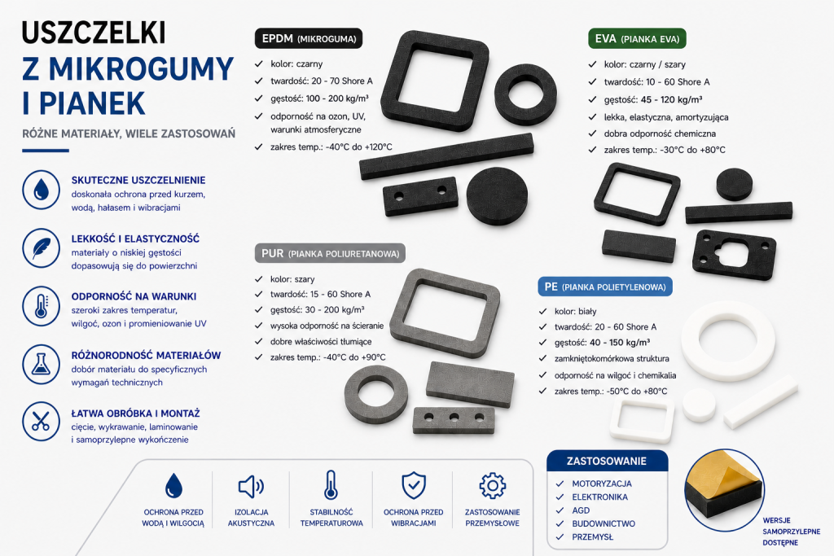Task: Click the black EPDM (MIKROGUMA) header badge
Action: tap(309, 39)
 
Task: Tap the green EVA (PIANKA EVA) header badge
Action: tap(637, 39)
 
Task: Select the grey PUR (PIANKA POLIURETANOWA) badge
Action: tap(331, 253)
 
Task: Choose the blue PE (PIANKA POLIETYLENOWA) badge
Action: tap(605, 287)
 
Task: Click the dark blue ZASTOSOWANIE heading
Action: tap(607, 461)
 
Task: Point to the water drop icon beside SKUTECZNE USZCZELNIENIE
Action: tap(41, 190)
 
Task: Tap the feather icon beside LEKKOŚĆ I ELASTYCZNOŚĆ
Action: tap(41, 248)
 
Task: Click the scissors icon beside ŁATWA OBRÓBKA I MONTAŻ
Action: tap(41, 422)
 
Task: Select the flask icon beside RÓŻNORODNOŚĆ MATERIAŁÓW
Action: tap(41, 365)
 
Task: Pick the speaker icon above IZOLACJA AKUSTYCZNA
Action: tap(251, 486)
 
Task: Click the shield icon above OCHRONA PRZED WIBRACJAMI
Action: tap(413, 485)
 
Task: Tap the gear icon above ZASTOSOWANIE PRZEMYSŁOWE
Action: tap(493, 486)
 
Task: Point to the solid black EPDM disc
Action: tap(498, 195)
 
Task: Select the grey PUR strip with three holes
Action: tap(454, 420)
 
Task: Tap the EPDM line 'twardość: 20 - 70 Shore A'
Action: tap(321, 81)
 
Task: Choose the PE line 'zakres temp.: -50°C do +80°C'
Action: tap(611, 392)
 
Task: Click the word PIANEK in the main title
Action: tap(91, 103)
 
